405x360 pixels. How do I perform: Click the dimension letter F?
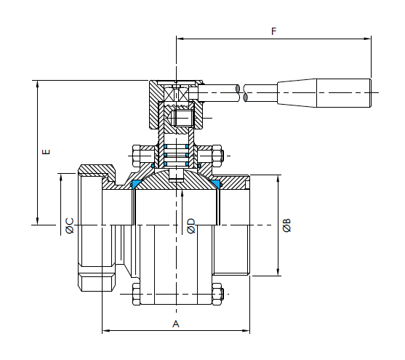pyautogui.click(x=274, y=31)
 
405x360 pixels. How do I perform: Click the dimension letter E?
pyautogui.click(x=46, y=151)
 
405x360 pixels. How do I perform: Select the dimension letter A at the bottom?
pyautogui.click(x=176, y=324)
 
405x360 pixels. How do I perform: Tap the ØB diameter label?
pyautogui.click(x=286, y=225)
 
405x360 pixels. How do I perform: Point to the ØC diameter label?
pyautogui.click(x=70, y=226)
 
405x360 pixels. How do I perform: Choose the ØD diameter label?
pyautogui.click(x=191, y=226)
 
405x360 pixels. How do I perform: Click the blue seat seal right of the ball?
pyautogui.click(x=217, y=184)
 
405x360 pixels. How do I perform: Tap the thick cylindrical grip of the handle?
pyautogui.click(x=344, y=93)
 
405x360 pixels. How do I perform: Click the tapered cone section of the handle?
pyautogui.click(x=297, y=93)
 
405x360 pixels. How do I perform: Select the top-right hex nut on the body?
pyautogui.click(x=217, y=156)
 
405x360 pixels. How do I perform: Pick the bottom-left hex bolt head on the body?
pyautogui.click(x=137, y=294)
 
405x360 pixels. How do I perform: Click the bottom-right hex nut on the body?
pyautogui.click(x=217, y=294)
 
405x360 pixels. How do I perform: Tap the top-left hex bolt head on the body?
pyautogui.click(x=137, y=156)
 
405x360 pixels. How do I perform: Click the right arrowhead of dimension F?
pyautogui.click(x=367, y=39)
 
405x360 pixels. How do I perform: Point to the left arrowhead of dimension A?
pyautogui.click(x=106, y=330)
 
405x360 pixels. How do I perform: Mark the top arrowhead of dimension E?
pyautogui.click(x=38, y=84)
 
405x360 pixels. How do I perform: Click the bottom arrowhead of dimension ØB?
pyautogui.click(x=278, y=272)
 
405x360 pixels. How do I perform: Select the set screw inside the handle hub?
pyautogui.click(x=183, y=118)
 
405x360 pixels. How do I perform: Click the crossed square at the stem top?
pyautogui.click(x=176, y=94)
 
